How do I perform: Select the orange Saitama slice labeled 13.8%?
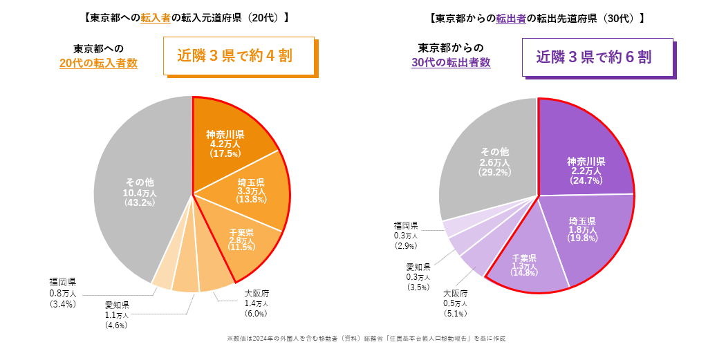click(250, 190)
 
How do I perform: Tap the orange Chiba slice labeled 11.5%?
click(241, 238)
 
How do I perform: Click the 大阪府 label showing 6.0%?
click(257, 303)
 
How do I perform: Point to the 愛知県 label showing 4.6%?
click(117, 314)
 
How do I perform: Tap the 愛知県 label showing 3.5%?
click(418, 276)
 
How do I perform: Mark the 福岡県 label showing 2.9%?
click(405, 236)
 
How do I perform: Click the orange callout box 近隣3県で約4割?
click(239, 56)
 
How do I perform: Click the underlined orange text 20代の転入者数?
click(98, 63)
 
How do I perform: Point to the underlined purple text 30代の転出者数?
click(451, 62)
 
